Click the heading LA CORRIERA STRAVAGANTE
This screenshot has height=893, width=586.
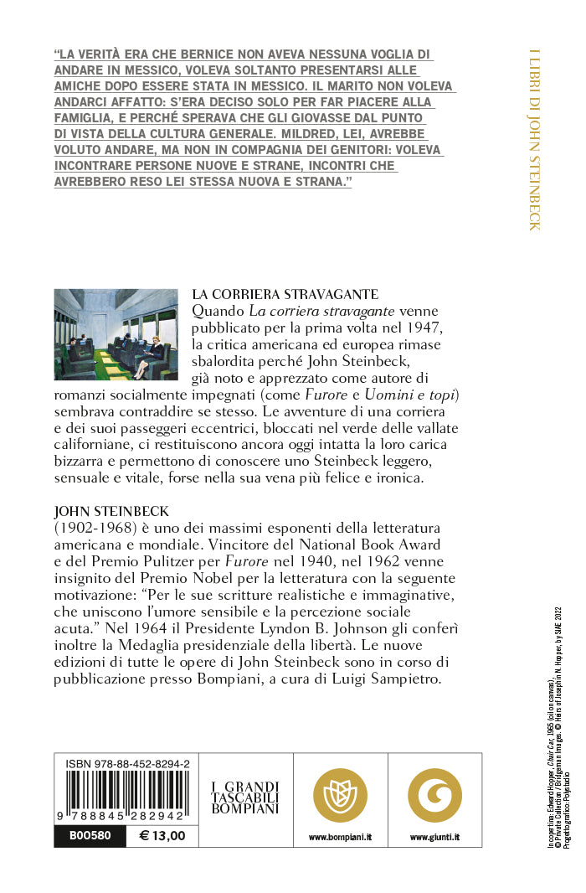pyautogui.click(x=285, y=295)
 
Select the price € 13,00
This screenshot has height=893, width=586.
pyautogui.click(x=162, y=835)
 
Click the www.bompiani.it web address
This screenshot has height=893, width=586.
pyautogui.click(x=341, y=837)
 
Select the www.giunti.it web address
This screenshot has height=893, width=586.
pyautogui.click(x=434, y=837)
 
